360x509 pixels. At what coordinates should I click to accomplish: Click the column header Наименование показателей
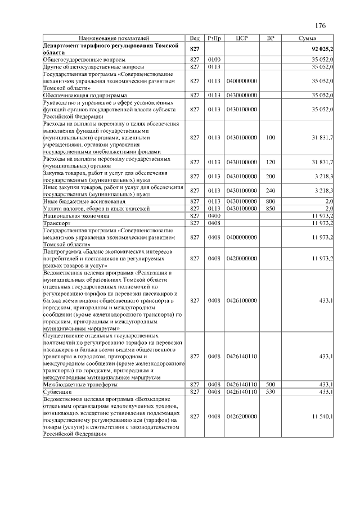(114, 38)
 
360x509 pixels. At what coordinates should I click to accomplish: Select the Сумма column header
(309, 38)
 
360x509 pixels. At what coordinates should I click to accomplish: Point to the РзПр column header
(214, 38)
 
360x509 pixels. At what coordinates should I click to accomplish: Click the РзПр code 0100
(214, 59)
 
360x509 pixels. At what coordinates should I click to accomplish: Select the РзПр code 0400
(214, 215)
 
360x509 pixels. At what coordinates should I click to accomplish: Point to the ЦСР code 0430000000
(241, 96)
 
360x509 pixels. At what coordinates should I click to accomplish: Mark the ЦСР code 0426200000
(241, 416)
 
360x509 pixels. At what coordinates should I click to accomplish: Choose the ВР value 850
(271, 208)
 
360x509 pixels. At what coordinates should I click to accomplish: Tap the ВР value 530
(271, 391)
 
